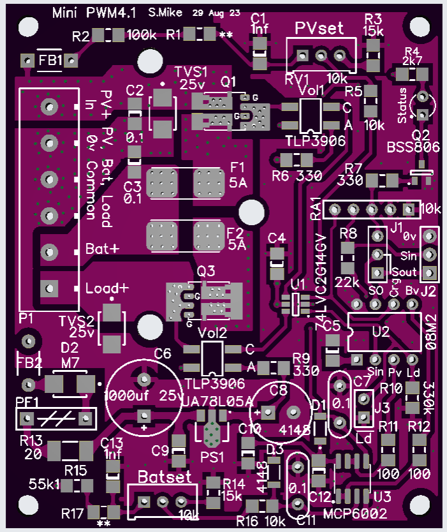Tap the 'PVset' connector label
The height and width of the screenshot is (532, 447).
tap(319, 28)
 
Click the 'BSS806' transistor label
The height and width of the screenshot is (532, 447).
tap(413, 147)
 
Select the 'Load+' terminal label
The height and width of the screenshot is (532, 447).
tap(107, 288)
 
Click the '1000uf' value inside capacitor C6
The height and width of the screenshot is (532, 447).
tap(127, 394)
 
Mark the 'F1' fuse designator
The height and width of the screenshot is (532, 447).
tap(237, 168)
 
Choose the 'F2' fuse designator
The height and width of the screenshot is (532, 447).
tap(235, 231)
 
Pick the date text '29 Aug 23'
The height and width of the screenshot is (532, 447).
tap(216, 13)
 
